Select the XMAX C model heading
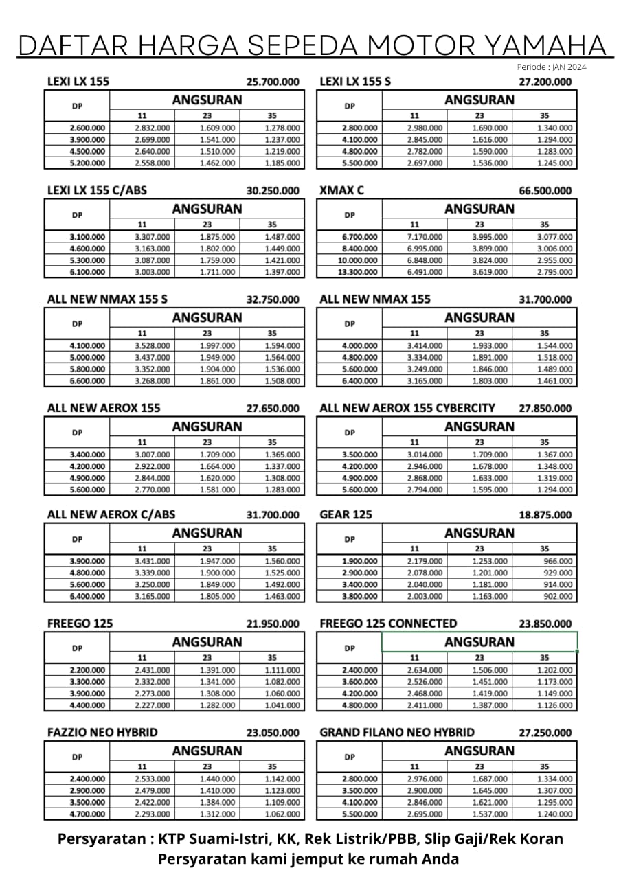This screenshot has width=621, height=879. tap(341, 190)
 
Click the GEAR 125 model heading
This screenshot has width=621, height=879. tap(346, 514)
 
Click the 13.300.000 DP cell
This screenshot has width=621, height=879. tap(359, 272)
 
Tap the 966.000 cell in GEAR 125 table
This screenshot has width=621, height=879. tap(557, 561)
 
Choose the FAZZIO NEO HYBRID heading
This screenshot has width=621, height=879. tap(102, 732)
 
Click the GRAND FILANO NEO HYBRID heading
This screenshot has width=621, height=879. tap(396, 732)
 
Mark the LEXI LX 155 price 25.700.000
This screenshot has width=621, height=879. tap(273, 82)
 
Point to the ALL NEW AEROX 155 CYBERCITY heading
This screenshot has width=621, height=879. tap(407, 408)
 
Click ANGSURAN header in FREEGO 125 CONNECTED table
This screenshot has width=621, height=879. tap(479, 642)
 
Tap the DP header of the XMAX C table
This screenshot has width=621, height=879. tap(350, 214)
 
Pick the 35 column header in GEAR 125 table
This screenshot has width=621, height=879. tap(545, 549)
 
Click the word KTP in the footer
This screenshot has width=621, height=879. tap(173, 839)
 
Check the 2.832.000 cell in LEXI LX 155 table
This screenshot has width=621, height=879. tap(153, 128)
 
